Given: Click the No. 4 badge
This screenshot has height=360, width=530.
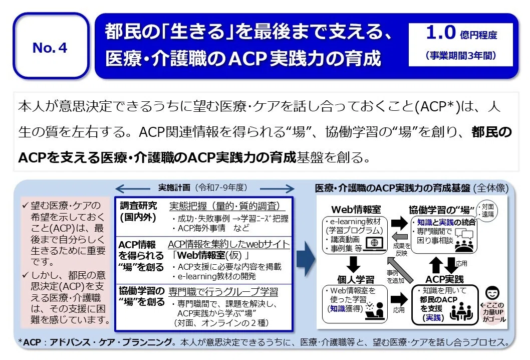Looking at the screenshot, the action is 50,48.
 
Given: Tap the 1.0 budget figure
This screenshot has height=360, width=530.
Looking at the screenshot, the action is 440,34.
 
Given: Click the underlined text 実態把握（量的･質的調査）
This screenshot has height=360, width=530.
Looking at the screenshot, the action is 227,206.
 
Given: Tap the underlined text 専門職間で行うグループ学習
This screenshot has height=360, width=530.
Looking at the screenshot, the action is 223,291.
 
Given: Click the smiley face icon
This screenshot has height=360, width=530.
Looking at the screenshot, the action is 493,292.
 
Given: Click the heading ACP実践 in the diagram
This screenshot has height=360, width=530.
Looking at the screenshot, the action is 444,279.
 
